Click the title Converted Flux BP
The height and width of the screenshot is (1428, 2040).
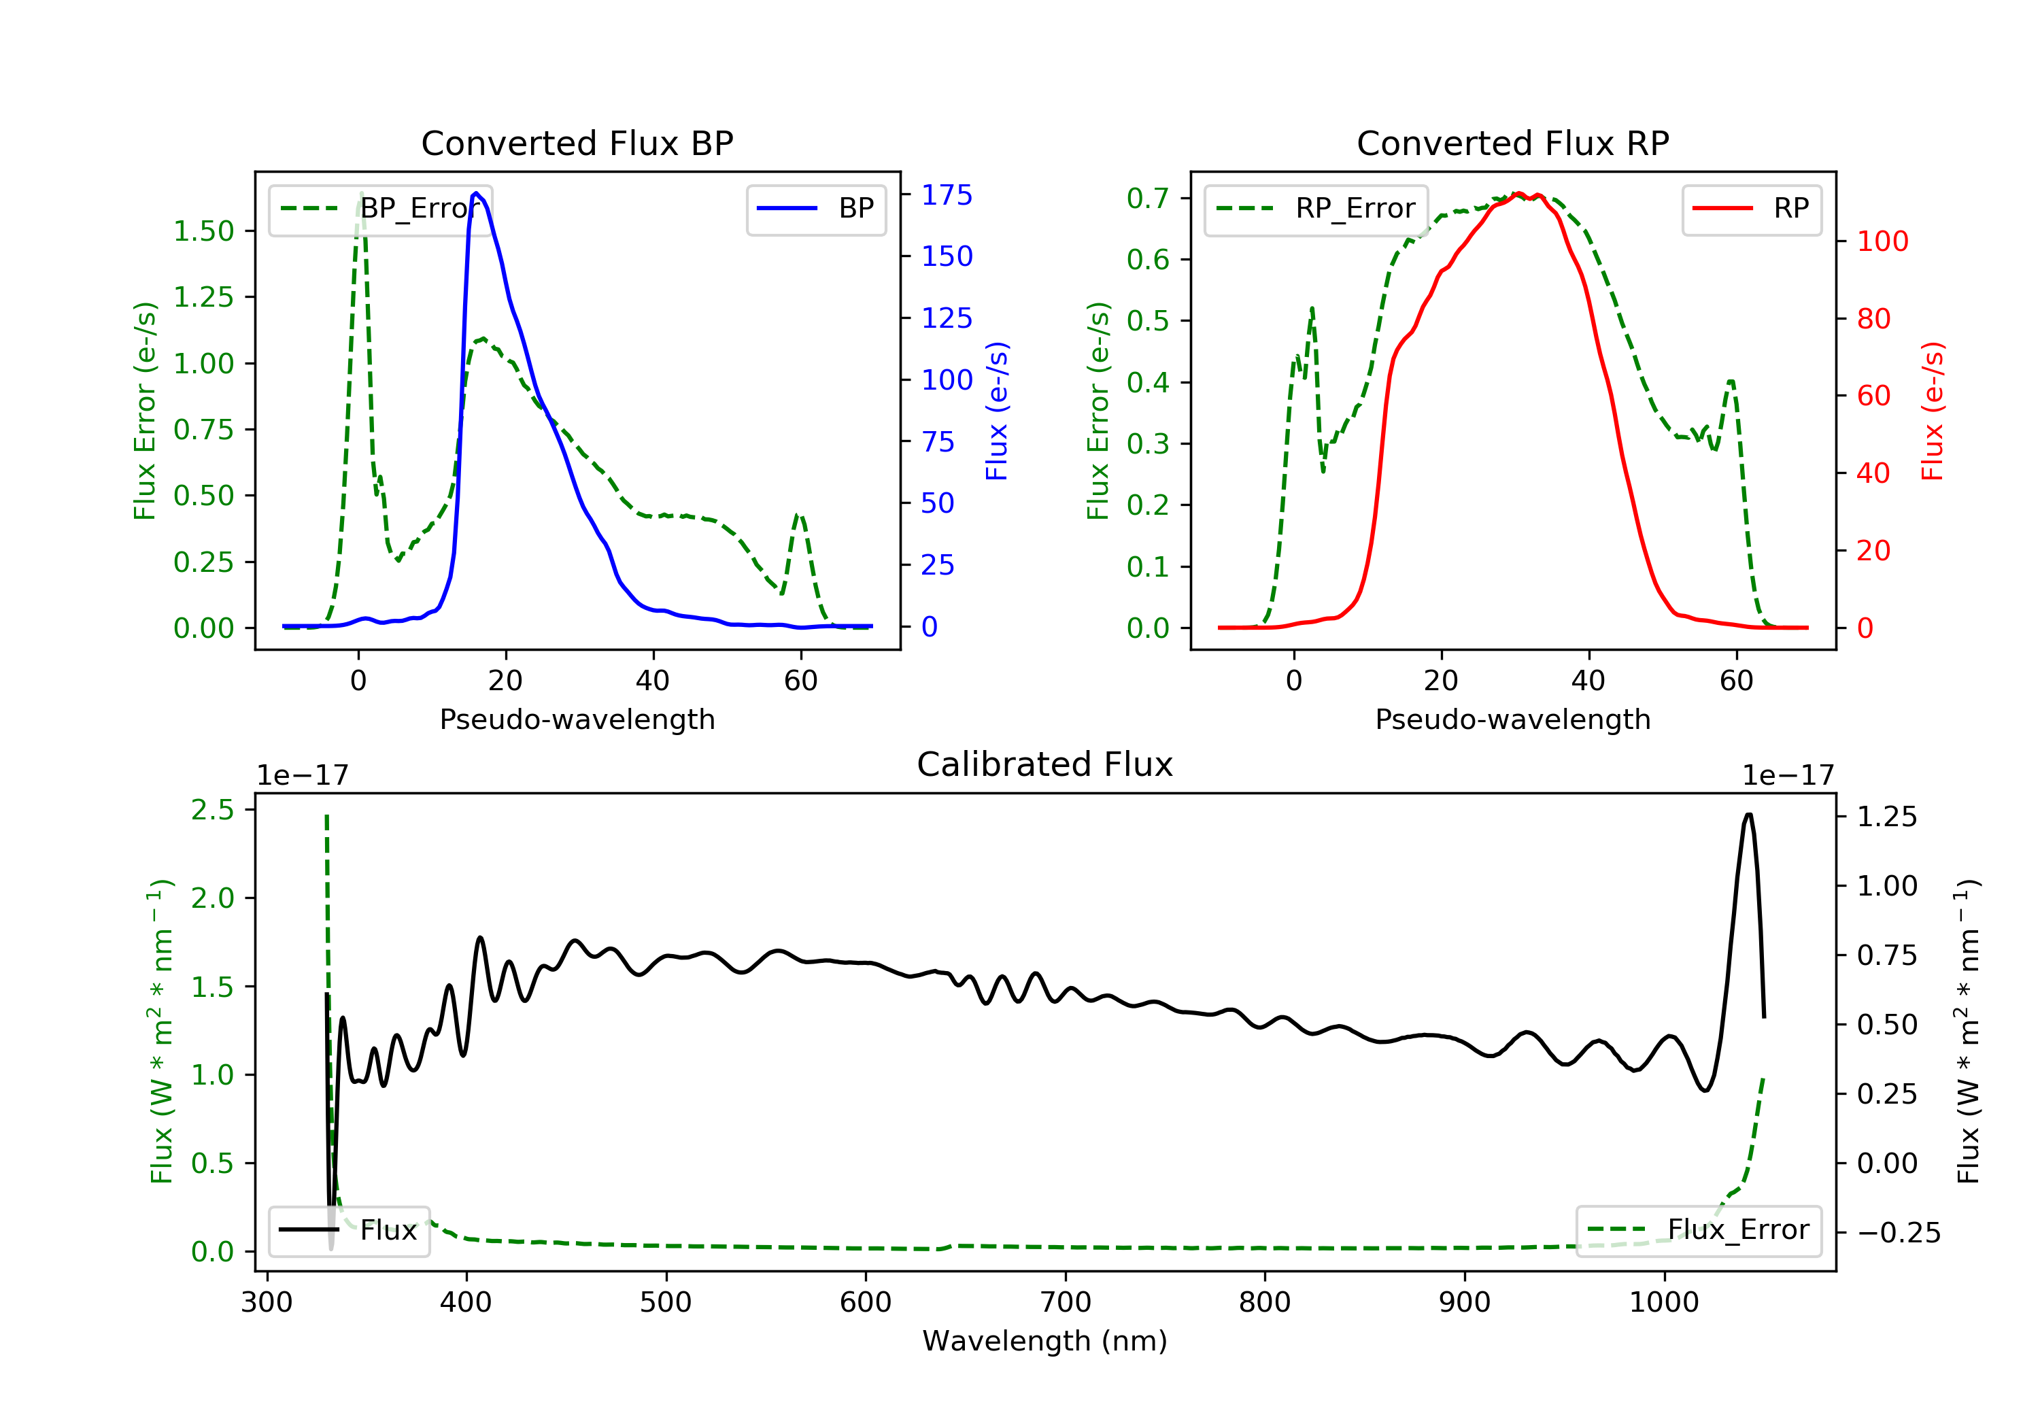tap(577, 143)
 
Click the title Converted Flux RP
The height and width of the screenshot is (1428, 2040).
tap(1512, 143)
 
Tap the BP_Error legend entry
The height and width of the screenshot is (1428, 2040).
tap(380, 209)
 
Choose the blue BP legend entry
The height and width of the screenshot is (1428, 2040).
tap(815, 209)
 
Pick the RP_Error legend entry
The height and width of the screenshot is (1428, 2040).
tap(1316, 209)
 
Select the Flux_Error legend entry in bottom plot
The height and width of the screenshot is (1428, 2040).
tap(1698, 1230)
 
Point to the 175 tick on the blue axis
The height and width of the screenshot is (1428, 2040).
tap(947, 195)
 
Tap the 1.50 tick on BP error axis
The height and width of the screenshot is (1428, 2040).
tap(203, 231)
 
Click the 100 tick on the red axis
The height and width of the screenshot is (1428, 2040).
tap(1882, 241)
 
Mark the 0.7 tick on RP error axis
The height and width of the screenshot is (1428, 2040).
tap(1147, 198)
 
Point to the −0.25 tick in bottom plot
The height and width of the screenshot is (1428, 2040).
tap(1898, 1234)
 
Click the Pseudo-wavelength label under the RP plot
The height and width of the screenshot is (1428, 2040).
tap(1512, 719)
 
